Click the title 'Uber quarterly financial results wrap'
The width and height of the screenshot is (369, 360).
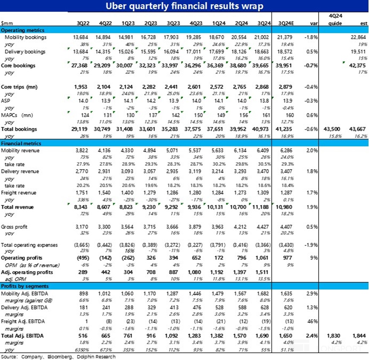coord(184,6)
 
